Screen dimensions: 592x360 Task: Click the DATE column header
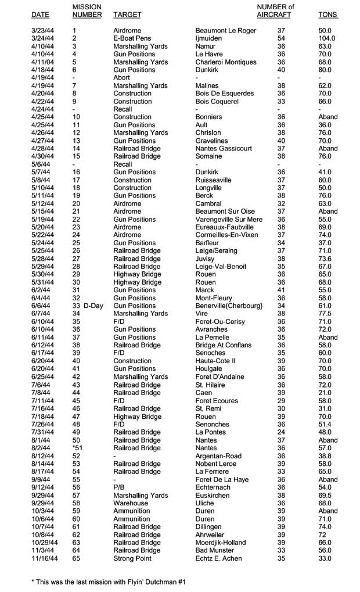coord(40,14)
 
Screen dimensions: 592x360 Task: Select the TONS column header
coord(328,14)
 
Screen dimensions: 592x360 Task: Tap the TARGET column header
coord(127,14)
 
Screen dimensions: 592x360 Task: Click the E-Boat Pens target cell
coord(132,38)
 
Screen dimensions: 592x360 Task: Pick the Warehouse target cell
coord(131,503)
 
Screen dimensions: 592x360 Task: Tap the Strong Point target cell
coord(132,558)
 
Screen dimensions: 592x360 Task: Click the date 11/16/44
coord(45,558)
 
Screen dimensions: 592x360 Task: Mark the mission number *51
coord(77,448)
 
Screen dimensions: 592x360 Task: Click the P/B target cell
coord(119,487)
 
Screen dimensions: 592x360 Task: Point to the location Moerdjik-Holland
coord(221,543)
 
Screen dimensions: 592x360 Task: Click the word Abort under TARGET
coord(122,77)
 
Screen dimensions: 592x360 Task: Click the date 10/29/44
coord(45,543)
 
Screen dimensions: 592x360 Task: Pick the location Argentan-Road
coord(219,456)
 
